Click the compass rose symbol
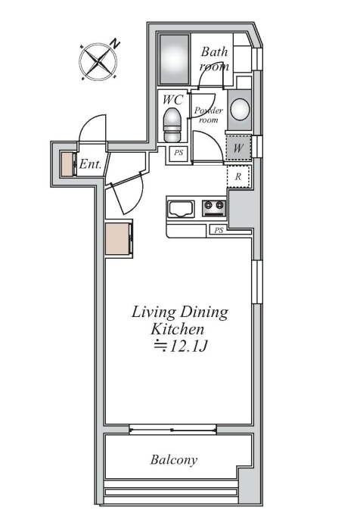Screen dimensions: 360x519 pyautogui.click(x=98, y=61)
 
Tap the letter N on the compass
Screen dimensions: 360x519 pyautogui.click(x=115, y=44)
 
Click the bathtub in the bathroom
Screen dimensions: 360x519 pyautogui.click(x=175, y=59)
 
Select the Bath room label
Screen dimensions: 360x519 pyautogui.click(x=215, y=58)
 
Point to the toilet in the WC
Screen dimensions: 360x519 pyautogui.click(x=172, y=124)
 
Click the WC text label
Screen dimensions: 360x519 pyautogui.click(x=172, y=99)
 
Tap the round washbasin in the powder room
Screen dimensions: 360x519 pyautogui.click(x=240, y=110)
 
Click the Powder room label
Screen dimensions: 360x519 pyautogui.click(x=209, y=114)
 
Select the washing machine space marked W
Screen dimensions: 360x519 pyautogui.click(x=238, y=148)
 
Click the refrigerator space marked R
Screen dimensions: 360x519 pyautogui.click(x=238, y=176)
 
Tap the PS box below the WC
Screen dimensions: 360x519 pyautogui.click(x=178, y=153)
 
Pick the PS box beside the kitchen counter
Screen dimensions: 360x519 pyautogui.click(x=219, y=230)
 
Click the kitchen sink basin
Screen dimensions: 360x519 pyautogui.click(x=181, y=209)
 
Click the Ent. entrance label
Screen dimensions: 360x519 pyautogui.click(x=90, y=164)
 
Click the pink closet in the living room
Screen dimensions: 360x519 pyautogui.click(x=118, y=238)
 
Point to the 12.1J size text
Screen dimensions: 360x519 pyautogui.click(x=181, y=347)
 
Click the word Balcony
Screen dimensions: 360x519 pyautogui.click(x=174, y=460)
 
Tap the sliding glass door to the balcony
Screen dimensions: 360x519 pyautogui.click(x=172, y=430)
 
